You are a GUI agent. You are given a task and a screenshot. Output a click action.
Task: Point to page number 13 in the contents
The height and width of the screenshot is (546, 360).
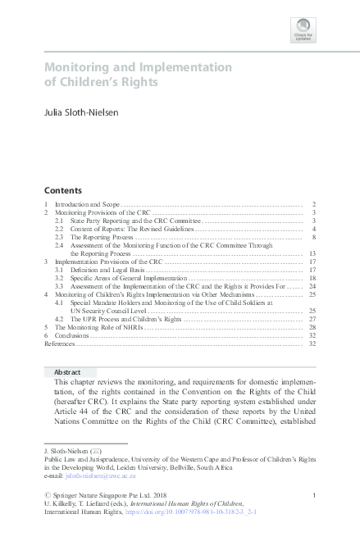[312, 253]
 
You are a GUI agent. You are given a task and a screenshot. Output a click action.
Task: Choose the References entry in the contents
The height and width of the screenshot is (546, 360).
[61, 344]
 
